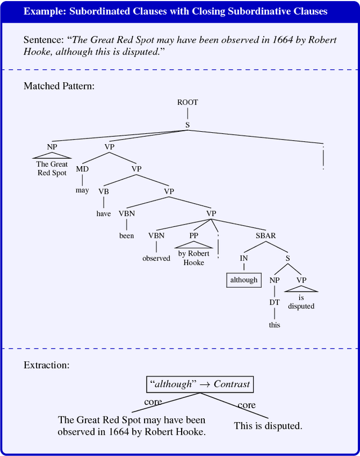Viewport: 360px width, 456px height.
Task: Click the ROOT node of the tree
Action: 187,102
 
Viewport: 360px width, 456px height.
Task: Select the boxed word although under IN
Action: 244,280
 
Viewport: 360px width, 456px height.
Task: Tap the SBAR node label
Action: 265,236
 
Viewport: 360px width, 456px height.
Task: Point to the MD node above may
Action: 82,168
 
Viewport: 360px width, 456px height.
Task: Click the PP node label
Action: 193,236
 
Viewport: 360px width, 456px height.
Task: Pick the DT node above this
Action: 274,302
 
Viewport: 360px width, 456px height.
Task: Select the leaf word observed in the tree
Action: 156,258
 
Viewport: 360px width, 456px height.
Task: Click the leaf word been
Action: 127,236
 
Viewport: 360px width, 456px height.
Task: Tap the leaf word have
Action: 103,213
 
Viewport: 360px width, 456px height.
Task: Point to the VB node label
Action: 103,191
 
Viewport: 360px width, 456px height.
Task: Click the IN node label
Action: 244,258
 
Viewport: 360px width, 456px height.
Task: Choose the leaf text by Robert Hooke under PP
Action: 193,258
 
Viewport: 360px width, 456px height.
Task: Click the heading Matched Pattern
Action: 58,86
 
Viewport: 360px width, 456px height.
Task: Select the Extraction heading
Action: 46,365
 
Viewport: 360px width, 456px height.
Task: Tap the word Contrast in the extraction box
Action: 231,384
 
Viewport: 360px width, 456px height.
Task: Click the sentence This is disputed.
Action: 268,426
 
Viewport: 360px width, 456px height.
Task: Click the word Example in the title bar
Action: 44,11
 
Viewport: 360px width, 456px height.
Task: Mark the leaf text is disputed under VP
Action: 301,302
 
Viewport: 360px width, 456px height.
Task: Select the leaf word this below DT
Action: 274,325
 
